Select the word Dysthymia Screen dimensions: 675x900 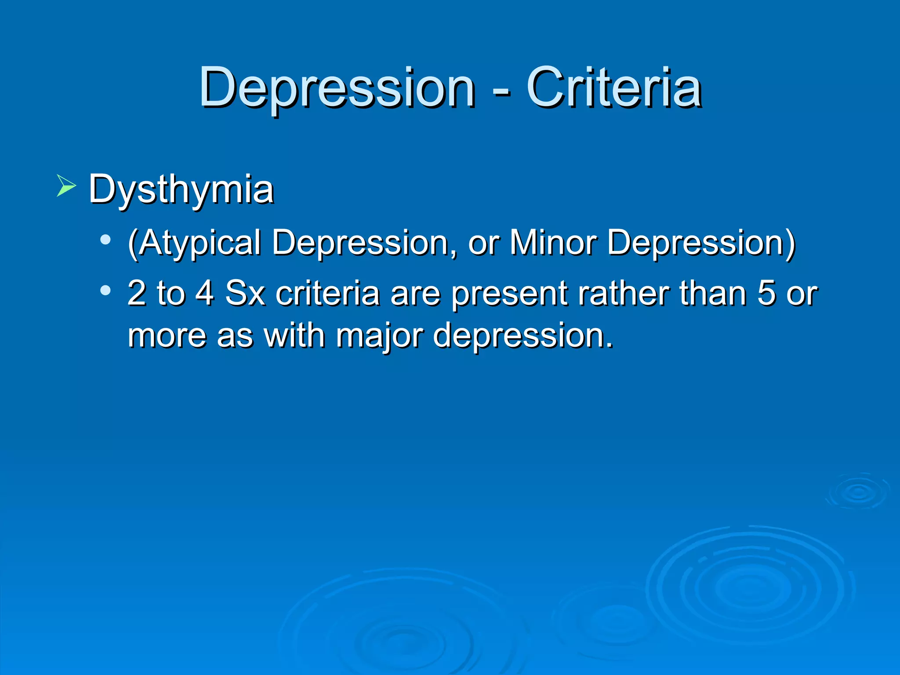tap(181, 190)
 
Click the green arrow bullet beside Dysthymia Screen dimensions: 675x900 tap(66, 185)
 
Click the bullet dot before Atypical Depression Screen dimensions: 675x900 tap(105, 240)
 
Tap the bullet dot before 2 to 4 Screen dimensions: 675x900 tap(105, 290)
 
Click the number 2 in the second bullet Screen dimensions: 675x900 tap(137, 293)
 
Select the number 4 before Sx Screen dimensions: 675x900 tap(205, 293)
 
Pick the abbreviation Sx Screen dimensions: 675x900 tap(245, 293)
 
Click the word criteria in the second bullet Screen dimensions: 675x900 tap(327, 293)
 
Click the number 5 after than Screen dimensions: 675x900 tap(766, 293)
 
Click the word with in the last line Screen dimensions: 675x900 tap(294, 335)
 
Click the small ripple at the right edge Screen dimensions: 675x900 tap(858, 492)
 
